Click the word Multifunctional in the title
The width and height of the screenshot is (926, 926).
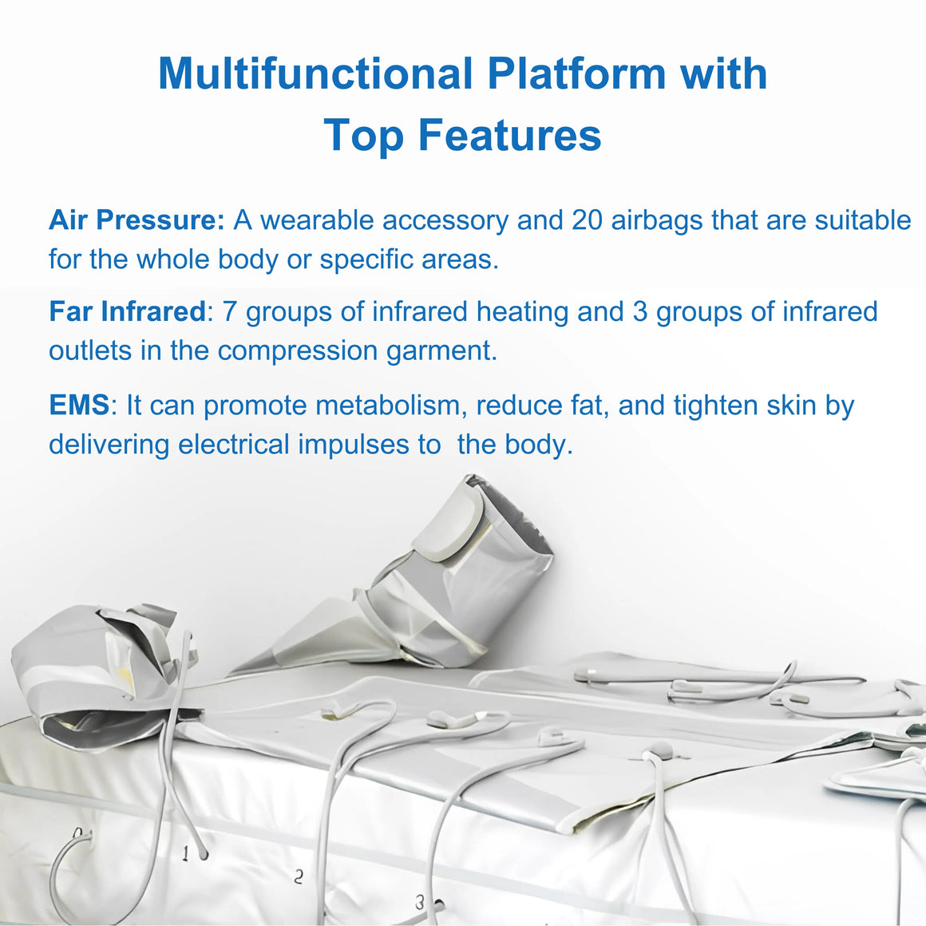pyautogui.click(x=316, y=73)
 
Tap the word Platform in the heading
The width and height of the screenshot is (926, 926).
pyautogui.click(x=576, y=73)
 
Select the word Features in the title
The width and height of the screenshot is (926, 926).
pyautogui.click(x=509, y=135)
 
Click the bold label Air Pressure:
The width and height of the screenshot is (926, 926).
pyautogui.click(x=137, y=220)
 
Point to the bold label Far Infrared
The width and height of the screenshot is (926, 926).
pyautogui.click(x=127, y=312)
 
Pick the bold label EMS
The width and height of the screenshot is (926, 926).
pyautogui.click(x=79, y=406)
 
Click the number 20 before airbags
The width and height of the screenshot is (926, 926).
pyautogui.click(x=587, y=220)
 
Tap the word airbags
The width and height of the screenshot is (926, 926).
pyautogui.click(x=657, y=221)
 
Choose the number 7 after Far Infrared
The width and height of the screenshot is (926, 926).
pyautogui.click(x=229, y=312)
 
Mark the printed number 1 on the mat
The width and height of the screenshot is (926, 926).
pyautogui.click(x=185, y=853)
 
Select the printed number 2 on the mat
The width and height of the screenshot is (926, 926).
pyautogui.click(x=299, y=877)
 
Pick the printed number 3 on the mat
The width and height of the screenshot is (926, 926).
pyautogui.click(x=419, y=902)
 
